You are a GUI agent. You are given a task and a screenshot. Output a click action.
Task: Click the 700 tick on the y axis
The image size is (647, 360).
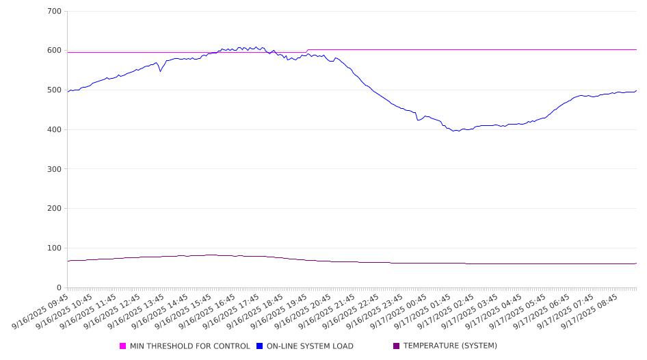point(54,12)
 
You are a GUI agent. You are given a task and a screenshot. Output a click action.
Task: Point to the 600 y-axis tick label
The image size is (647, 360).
point(54,51)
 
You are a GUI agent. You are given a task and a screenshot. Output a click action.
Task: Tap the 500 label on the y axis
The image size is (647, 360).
point(54,90)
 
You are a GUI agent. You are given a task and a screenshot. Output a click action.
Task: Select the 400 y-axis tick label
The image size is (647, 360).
point(54,130)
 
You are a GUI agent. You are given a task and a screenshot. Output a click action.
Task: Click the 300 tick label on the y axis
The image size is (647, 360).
point(54,169)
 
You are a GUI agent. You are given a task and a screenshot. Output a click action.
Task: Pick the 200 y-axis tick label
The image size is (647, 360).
point(54,209)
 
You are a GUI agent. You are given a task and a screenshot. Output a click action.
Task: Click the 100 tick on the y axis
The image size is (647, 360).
point(54,248)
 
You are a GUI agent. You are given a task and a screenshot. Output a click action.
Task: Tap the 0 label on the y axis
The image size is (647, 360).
point(59,287)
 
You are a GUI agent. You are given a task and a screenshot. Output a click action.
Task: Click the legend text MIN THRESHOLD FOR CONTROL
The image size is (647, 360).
point(189,346)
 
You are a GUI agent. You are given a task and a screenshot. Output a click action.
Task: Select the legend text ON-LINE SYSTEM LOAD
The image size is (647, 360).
point(310,346)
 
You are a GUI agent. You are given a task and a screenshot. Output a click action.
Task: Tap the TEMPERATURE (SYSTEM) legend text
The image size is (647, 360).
point(450,346)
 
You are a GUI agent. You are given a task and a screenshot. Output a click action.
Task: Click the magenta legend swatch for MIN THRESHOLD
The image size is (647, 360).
point(123,346)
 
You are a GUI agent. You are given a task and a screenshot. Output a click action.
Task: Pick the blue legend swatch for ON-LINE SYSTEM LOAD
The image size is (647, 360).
point(260,346)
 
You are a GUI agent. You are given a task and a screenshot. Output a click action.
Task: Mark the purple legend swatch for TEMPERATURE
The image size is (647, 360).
point(397,346)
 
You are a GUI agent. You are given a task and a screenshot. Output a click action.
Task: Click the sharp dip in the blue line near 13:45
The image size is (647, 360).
point(161,70)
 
